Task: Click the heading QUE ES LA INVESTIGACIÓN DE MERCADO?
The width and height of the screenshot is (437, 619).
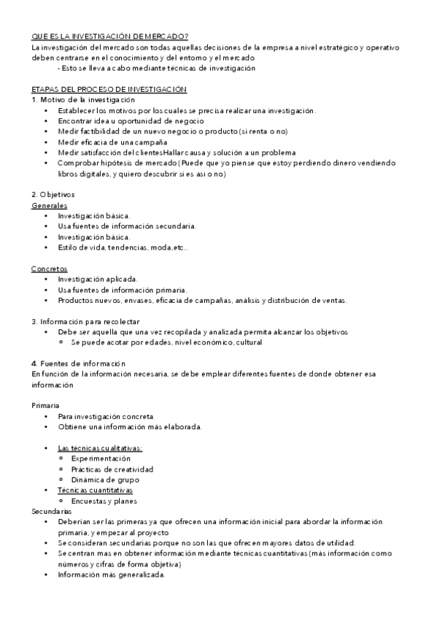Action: click(x=110, y=36)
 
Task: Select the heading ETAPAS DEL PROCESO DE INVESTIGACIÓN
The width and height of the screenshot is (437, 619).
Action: click(x=109, y=89)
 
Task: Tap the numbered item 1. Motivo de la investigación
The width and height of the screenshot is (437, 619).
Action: click(x=84, y=99)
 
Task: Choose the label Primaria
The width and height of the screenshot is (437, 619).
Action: click(x=46, y=404)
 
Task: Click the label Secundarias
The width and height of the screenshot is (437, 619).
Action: click(x=52, y=512)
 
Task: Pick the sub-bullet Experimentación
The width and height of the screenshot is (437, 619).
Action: click(x=106, y=458)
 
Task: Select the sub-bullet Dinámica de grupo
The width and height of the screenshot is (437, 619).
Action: click(x=105, y=480)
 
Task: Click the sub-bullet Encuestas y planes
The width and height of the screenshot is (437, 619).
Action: click(x=105, y=501)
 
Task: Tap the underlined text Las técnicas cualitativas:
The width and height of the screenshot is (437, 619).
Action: click(x=100, y=447)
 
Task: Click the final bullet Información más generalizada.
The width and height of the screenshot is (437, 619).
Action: click(x=112, y=574)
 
